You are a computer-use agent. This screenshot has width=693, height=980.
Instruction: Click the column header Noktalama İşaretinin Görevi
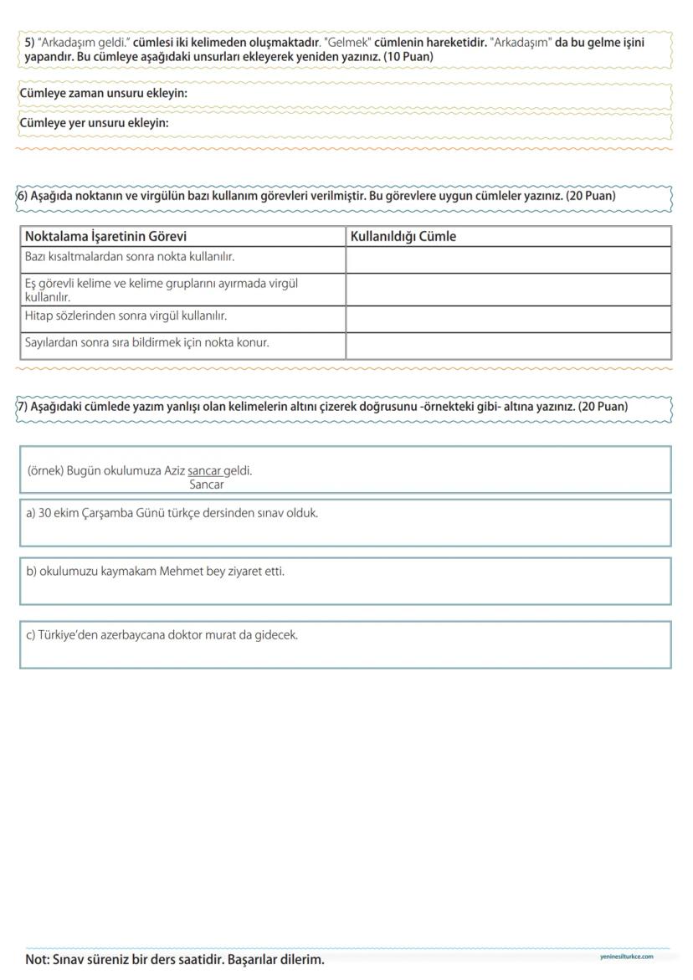pos(105,237)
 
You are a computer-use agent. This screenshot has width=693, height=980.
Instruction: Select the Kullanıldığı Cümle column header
pos(403,237)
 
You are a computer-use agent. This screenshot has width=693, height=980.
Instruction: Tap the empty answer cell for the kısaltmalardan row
pos(508,259)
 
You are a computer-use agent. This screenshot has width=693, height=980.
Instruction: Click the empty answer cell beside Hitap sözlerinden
pos(508,319)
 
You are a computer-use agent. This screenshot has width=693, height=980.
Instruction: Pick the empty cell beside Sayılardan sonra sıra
pos(508,346)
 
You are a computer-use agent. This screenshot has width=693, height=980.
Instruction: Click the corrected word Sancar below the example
pos(207,485)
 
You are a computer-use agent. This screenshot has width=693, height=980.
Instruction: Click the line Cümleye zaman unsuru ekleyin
pos(103,94)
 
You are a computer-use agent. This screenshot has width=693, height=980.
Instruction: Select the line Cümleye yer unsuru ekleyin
pos(94,123)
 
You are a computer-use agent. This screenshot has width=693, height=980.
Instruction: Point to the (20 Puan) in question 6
pos(590,196)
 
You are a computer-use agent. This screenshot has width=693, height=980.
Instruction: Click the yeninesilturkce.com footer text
pos(626,957)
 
